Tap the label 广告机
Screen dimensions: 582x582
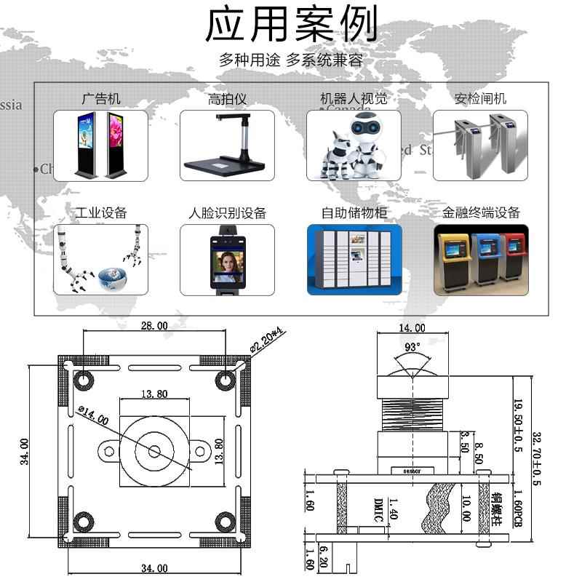tap(100, 99)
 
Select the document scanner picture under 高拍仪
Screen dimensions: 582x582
tap(227, 145)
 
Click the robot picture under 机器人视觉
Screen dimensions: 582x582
tap(354, 145)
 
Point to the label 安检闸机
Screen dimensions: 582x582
tap(480, 99)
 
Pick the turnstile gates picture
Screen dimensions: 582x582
tap(480, 145)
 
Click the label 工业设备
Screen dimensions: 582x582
tap(101, 212)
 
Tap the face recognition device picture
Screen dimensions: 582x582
tap(227, 260)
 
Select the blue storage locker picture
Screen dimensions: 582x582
tap(354, 260)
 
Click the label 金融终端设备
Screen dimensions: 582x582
tap(481, 212)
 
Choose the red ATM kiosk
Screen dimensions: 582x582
tap(514, 258)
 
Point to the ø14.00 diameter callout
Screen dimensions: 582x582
tap(92, 415)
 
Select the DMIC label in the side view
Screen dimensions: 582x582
tap(377, 509)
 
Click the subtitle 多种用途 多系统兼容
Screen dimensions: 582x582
tap(291, 60)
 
